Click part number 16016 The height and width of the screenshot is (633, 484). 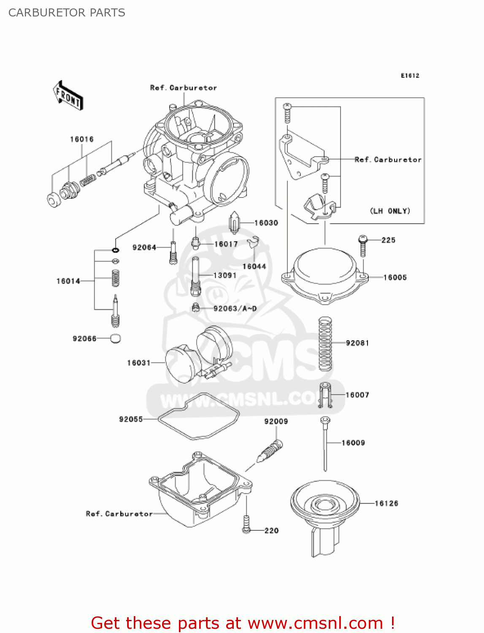82,139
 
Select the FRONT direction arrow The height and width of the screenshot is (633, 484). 68,96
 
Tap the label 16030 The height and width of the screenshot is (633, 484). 266,223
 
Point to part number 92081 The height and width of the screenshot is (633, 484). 357,343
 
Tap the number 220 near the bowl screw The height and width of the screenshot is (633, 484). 271,530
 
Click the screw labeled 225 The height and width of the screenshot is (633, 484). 362,245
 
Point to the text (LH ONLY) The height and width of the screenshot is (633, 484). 390,211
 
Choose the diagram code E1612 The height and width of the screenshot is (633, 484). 410,76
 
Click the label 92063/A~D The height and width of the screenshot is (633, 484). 235,308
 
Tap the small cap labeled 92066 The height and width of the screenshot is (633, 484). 115,338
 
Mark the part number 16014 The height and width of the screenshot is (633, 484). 68,281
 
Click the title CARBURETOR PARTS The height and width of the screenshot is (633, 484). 67,13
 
